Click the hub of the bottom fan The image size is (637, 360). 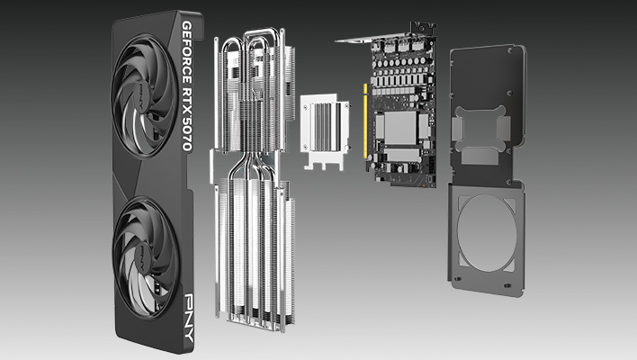(144, 255)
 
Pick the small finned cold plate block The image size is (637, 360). (322, 126)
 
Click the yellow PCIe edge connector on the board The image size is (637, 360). (365, 121)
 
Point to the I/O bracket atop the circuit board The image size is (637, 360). (360, 40)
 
